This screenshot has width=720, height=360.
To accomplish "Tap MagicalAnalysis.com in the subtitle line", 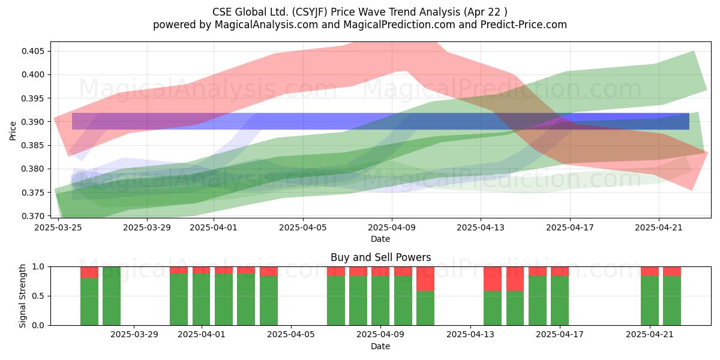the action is coord(266,25).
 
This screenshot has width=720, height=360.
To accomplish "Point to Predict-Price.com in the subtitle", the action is coord(524,25).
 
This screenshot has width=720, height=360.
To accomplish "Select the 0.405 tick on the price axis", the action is coord(34,51).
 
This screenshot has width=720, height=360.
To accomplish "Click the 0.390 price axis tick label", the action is coord(34,122).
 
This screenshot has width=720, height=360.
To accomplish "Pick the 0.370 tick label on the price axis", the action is coord(34,216).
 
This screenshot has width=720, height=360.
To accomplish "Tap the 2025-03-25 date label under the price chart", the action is coord(58,227).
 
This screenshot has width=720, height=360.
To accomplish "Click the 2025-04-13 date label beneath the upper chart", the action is coord(481,227).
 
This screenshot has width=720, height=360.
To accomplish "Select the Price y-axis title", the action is coord(13,131).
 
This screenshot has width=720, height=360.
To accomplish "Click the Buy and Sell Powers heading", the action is coord(380,257).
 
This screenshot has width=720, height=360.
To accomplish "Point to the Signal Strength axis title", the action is coord(22,296).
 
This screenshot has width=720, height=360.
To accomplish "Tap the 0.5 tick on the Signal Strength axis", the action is coord(38,296).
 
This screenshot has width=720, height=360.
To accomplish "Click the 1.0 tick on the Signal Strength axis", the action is coord(38,267).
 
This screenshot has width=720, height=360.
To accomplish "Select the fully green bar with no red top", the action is coord(112,296).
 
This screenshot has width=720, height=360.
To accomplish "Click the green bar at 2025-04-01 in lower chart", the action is coord(201,299).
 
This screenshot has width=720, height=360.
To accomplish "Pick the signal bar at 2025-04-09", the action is coord(380,296).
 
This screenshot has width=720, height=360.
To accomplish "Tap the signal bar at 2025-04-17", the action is coord(560,296).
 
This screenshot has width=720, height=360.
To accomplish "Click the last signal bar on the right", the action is coord(672,296).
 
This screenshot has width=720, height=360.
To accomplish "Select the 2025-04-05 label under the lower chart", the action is coord(291,335).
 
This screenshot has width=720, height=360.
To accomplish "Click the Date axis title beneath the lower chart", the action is coord(380,347).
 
